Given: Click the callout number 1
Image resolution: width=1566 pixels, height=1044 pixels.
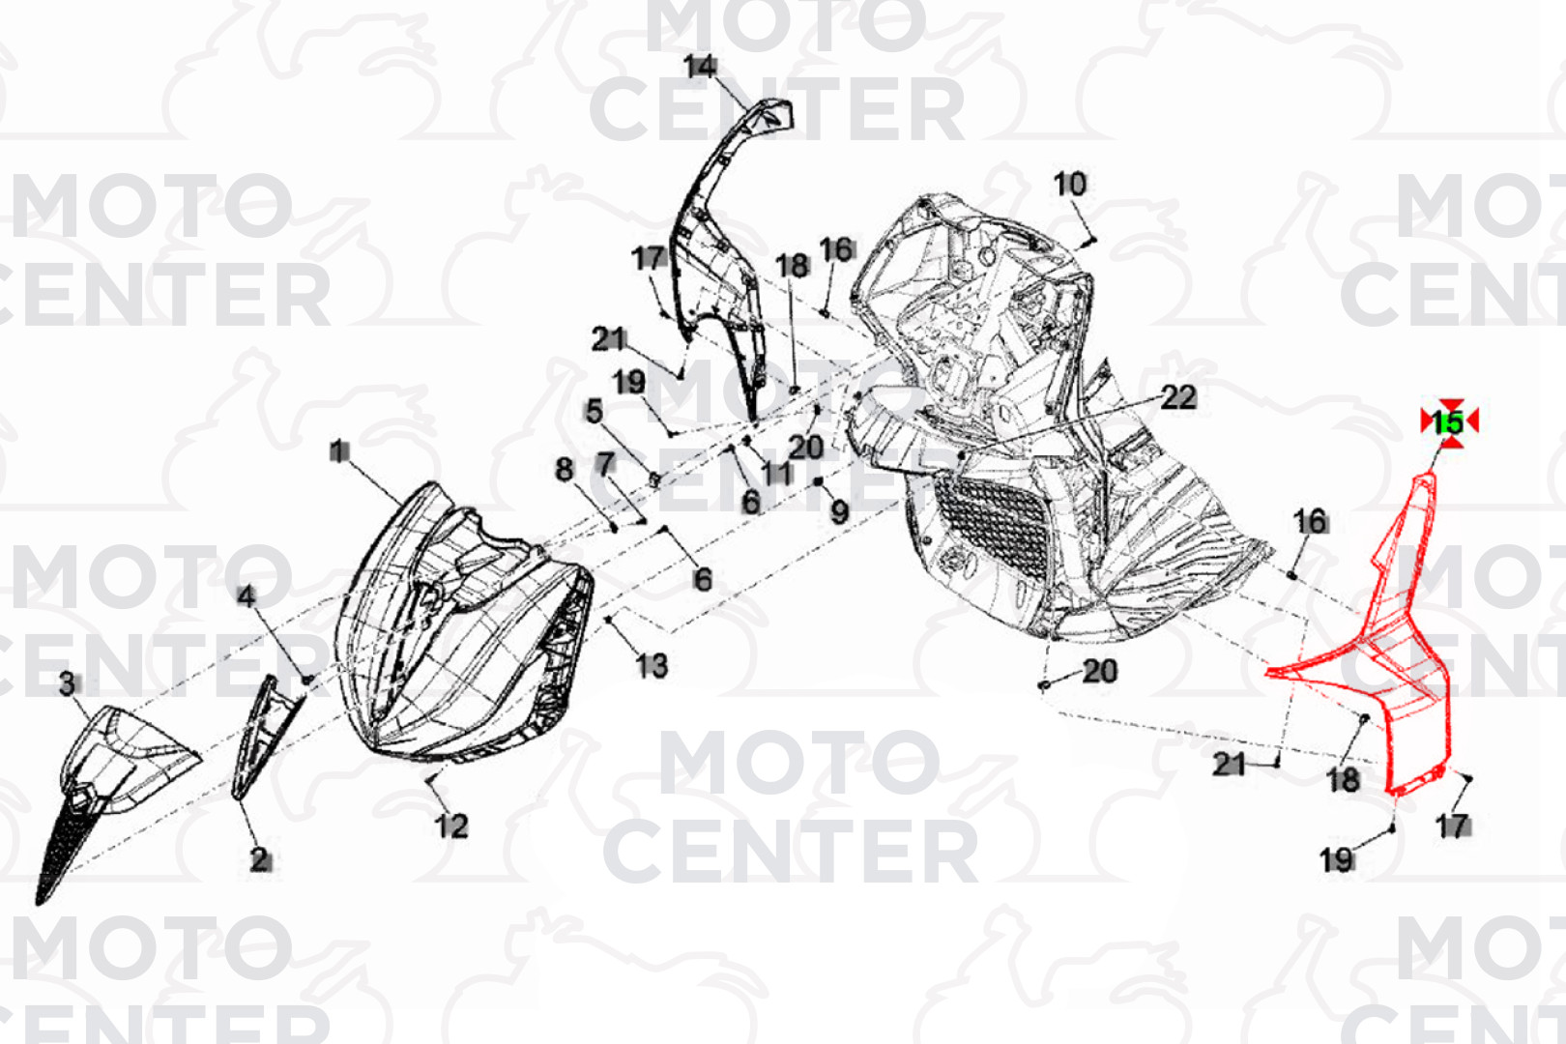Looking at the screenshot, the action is [x=339, y=451].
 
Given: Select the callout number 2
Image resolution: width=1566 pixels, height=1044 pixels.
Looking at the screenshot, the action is [x=259, y=859].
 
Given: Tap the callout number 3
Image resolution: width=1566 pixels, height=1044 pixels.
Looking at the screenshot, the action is [x=67, y=683].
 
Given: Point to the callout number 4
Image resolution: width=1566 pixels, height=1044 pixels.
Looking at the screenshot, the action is [x=246, y=596].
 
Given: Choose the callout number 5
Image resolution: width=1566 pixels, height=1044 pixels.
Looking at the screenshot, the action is [x=594, y=411].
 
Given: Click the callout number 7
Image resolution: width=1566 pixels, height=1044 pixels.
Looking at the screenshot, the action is [x=605, y=463].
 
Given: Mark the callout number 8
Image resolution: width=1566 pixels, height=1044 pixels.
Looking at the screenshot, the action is [x=565, y=470].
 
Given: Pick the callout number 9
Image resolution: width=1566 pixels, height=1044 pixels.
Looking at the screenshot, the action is [x=840, y=512].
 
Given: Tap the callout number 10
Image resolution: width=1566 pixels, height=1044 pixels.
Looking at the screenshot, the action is [x=1070, y=185].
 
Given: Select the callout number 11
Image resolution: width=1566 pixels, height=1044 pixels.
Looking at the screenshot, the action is [x=776, y=474].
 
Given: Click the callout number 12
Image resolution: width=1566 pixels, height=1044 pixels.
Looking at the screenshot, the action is [x=451, y=826].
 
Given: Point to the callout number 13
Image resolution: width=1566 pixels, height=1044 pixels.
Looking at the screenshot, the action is [x=652, y=666].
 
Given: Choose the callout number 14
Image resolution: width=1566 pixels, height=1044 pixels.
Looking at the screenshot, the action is [x=701, y=67].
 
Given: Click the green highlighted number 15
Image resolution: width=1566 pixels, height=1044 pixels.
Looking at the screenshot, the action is [x=1448, y=422].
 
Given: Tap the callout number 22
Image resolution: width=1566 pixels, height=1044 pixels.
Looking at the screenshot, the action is [x=1178, y=398].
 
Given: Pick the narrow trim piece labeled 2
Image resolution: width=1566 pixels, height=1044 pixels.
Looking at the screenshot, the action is [x=269, y=738].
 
